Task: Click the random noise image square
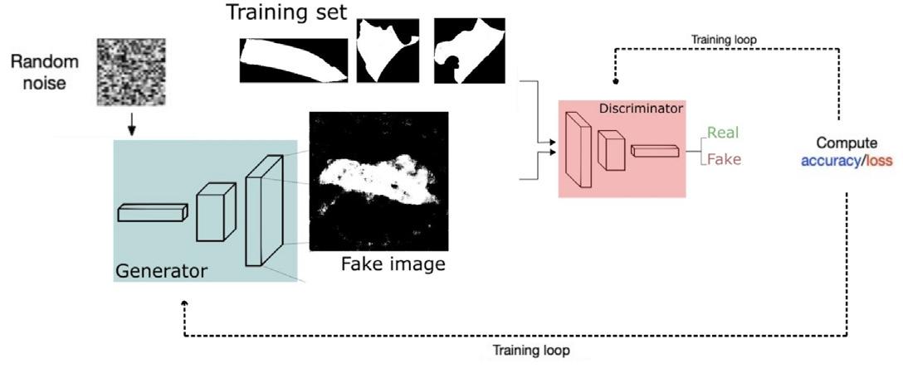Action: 125,73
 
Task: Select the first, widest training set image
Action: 294,61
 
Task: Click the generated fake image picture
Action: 378,181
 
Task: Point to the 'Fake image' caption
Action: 393,264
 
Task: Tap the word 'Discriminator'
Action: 640,108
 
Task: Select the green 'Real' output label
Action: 722,132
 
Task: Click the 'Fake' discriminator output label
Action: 724,159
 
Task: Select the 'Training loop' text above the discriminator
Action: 721,39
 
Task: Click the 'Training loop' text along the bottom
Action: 531,351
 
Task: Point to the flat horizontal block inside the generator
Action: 150,213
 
